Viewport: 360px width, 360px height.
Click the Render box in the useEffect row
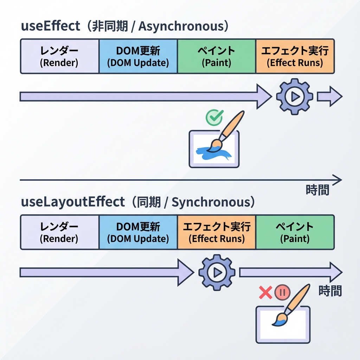pyautogui.click(x=60, y=56)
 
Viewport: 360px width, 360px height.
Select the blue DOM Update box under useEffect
pyautogui.click(x=138, y=56)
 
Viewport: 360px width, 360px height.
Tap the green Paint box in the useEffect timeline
pyautogui.click(x=217, y=56)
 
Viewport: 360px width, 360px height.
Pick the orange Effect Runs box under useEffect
pyautogui.click(x=295, y=56)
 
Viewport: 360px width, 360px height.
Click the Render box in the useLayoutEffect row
pyautogui.click(x=60, y=232)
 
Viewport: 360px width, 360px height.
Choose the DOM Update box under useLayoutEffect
pyautogui.click(x=138, y=232)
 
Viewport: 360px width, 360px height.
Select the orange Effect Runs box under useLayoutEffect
pyautogui.click(x=217, y=232)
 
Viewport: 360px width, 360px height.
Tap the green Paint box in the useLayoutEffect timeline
pyautogui.click(x=295, y=232)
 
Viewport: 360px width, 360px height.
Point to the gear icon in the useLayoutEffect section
pyautogui.click(x=217, y=272)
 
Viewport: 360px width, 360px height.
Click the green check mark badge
pyautogui.click(x=214, y=117)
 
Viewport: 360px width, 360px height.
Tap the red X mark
pyautogui.click(x=265, y=292)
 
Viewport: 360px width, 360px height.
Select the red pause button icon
pyautogui.click(x=282, y=292)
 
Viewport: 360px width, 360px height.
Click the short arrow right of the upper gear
pyautogui.click(x=329, y=96)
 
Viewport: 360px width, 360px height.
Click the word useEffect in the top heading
pyautogui.click(x=51, y=26)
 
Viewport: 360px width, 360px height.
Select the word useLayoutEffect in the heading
pyautogui.click(x=73, y=202)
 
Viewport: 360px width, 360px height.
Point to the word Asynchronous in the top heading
pyautogui.click(x=183, y=26)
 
